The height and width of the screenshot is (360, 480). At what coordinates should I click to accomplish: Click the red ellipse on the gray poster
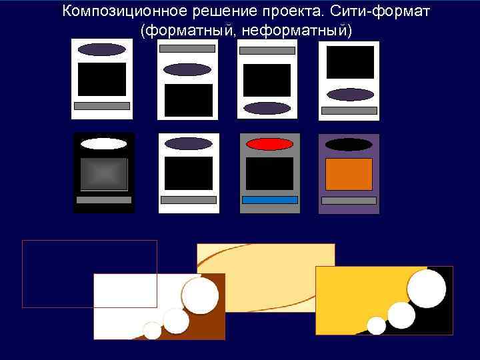pos(269,144)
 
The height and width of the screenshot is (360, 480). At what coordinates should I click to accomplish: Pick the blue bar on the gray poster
pos(269,200)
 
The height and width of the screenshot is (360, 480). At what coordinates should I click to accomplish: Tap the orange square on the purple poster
pos(349,174)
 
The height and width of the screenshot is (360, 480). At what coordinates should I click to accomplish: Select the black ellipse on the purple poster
pos(349,144)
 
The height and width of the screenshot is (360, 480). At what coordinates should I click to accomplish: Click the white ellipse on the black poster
pos(103,143)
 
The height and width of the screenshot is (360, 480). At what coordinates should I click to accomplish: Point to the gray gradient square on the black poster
pos(103,174)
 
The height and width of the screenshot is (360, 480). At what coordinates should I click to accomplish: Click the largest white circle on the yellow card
pos(426,288)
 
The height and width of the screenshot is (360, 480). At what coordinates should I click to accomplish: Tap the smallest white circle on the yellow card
pos(377,325)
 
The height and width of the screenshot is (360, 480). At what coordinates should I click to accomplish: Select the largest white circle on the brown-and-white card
pos(200,296)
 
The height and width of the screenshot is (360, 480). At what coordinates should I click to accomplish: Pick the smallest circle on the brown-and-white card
pos(153,330)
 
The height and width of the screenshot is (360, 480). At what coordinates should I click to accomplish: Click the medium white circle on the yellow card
pos(401,315)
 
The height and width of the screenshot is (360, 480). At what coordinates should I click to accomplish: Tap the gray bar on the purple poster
pos(349,201)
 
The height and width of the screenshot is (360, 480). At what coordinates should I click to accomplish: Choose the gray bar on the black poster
pos(103,200)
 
